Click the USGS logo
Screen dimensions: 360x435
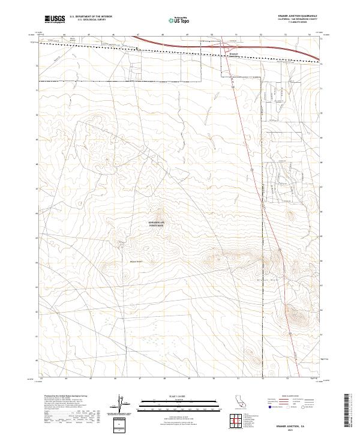click(x=54, y=20)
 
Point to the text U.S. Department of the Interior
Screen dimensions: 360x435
click(x=91, y=17)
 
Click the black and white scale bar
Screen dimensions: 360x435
click(x=179, y=401)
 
